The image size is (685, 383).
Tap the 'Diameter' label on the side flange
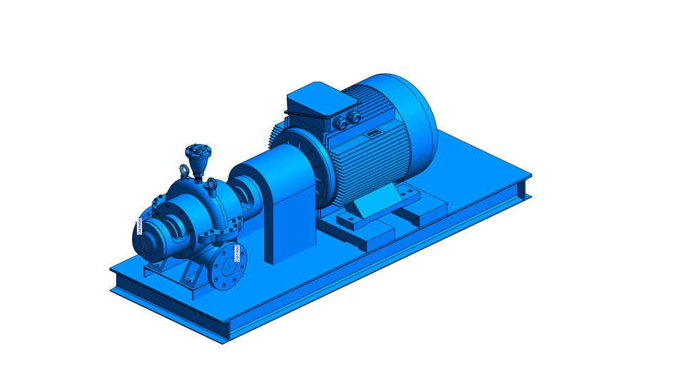pos(236,254)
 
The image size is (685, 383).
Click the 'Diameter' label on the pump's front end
pos(140,226)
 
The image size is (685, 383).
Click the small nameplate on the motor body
pos(372,133)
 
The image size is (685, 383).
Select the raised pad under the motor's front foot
pos(371,235)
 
